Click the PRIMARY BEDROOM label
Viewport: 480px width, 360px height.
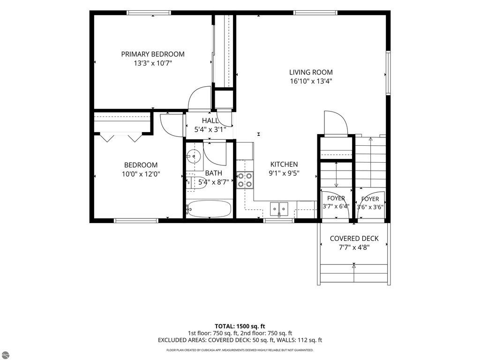153,54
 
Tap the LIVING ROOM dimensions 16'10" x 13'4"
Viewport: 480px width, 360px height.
311,82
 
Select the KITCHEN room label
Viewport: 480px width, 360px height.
284,165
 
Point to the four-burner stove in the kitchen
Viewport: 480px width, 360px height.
245,180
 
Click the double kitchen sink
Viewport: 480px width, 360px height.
279,209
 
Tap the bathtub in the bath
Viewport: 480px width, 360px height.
209,209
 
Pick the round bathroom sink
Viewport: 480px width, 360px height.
193,156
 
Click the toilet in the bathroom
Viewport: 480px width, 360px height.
196,182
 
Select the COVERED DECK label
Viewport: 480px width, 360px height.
354,239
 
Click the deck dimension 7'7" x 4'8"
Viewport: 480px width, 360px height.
354,247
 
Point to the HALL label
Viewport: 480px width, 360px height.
210,120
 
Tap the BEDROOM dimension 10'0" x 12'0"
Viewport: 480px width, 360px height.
141,174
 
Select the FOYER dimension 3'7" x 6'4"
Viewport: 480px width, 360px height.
336,206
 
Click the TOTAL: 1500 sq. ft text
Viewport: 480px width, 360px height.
240,326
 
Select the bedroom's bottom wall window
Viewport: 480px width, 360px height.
136,220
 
